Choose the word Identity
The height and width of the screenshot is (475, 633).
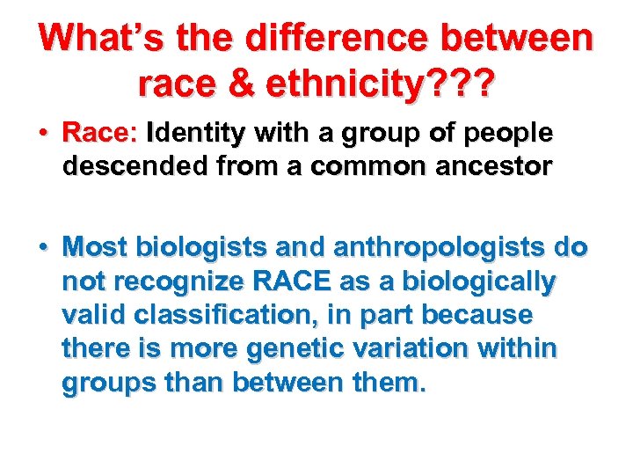[198, 134]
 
